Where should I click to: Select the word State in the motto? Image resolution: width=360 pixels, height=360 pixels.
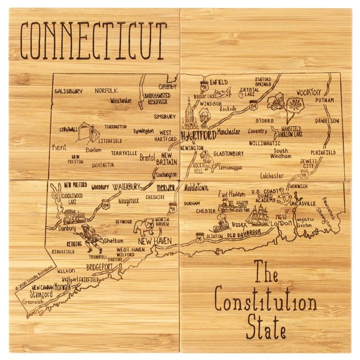266,327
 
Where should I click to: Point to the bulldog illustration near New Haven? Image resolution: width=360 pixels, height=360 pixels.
145,226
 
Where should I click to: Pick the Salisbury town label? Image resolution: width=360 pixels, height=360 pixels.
68,91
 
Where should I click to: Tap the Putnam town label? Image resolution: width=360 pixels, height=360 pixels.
324,100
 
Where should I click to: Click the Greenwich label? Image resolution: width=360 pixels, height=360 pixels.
32,302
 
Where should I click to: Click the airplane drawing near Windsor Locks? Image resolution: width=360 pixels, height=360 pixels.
222,93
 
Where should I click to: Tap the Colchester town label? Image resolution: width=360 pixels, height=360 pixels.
272,176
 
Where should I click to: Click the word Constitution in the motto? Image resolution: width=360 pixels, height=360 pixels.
265,302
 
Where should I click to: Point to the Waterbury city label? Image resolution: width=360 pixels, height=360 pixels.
127,186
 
